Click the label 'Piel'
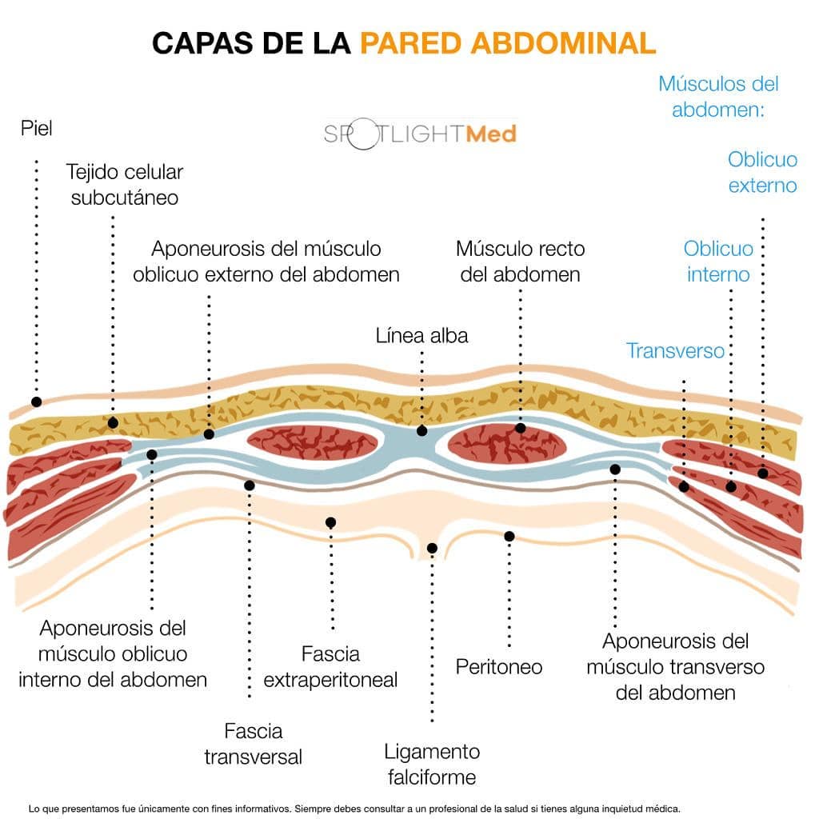37,128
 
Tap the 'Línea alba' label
421,335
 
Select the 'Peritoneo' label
499,666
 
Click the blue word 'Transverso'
675,350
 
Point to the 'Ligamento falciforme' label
432,764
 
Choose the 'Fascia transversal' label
254,744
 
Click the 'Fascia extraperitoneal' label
330,666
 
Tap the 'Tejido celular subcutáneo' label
124,185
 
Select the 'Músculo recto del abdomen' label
520,262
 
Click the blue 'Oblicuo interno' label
718,262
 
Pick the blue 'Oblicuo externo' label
762,172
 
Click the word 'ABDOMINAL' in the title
563,43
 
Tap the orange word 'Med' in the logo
491,134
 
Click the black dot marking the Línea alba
422,431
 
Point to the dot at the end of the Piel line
37,402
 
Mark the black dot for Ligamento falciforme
432,548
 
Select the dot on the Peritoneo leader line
509,537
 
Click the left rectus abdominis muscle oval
312,443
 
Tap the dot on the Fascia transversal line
250,485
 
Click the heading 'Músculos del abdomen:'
718,97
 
